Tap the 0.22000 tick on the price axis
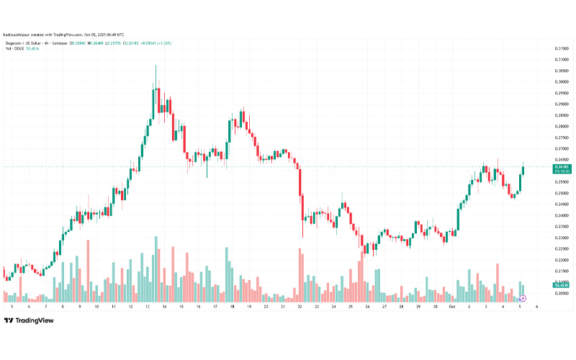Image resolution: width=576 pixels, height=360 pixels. tap(562, 260)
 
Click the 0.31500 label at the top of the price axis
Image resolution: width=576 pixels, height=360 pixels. tap(562, 48)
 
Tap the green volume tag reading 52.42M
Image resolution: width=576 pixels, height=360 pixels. tap(562, 286)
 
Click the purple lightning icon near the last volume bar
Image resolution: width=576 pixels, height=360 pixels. tap(523, 297)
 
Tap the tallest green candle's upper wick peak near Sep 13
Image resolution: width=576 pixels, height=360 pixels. tap(156, 66)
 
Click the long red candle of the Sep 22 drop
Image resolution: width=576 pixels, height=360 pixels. tap(299, 180)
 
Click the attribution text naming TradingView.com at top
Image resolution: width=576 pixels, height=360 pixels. tap(63, 34)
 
